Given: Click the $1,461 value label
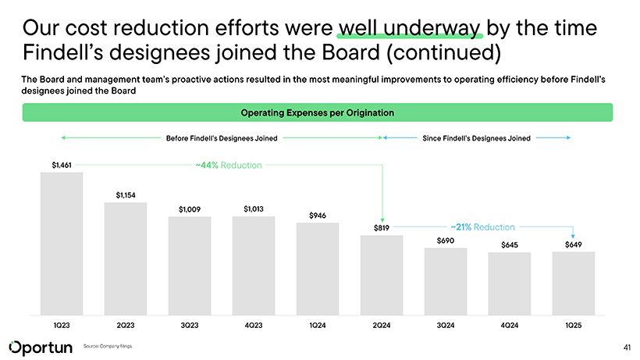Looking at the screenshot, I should [x=62, y=165].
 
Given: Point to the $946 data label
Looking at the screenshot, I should [x=318, y=215].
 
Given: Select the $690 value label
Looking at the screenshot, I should [x=446, y=240].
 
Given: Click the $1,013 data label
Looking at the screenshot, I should [x=254, y=209].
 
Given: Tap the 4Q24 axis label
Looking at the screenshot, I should [x=510, y=323].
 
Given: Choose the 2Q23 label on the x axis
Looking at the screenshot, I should [x=126, y=323].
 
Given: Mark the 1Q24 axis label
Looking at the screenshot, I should [x=318, y=323].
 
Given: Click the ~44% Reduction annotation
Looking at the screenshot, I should [x=229, y=166].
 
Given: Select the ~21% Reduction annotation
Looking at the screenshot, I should [x=482, y=227].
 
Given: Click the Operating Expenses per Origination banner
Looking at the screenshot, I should [x=317, y=113].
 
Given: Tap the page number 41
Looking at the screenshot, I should [x=627, y=346].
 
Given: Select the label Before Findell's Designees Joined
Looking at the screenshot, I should [x=222, y=138].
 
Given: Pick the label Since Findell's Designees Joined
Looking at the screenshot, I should [x=476, y=138].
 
